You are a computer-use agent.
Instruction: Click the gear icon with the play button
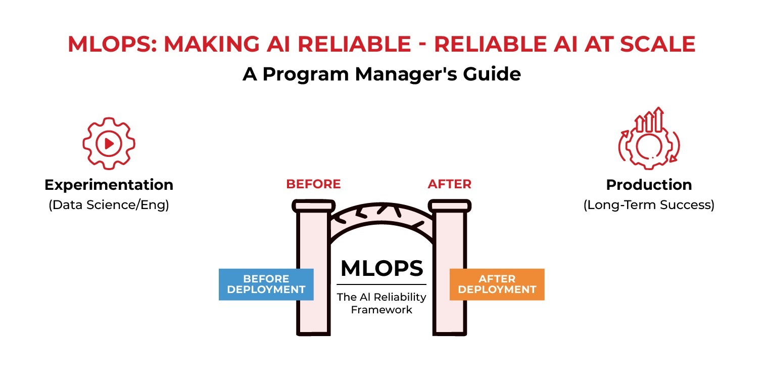tap(109, 144)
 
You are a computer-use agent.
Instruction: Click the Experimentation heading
tap(109, 185)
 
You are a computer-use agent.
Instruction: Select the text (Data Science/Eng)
tap(109, 206)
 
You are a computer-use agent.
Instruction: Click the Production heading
tap(649, 185)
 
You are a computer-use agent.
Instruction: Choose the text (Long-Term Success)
tap(649, 206)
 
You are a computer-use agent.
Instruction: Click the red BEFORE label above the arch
tap(313, 184)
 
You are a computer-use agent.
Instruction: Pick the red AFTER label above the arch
tap(449, 184)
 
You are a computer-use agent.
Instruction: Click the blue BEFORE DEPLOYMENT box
tap(266, 284)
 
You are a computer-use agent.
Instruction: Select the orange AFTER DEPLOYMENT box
tap(497, 284)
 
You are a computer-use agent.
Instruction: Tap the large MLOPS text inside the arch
tap(381, 268)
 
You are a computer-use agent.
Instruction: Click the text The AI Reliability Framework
tap(381, 303)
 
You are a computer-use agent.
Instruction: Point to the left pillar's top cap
tap(313, 205)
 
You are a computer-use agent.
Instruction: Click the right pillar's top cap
tap(449, 205)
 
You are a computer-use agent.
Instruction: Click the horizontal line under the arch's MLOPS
tap(381, 284)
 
